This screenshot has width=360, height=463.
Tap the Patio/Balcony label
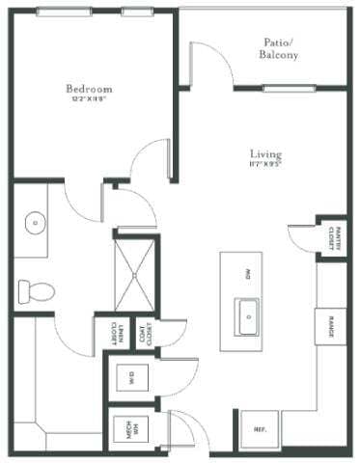click(278, 48)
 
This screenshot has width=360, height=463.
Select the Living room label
click(264, 153)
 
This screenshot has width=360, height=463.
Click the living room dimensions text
click(264, 165)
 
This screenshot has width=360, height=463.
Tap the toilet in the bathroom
click(35, 288)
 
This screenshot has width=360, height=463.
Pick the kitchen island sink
click(248, 313)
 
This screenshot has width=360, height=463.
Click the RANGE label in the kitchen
click(331, 326)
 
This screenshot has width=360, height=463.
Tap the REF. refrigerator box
click(260, 429)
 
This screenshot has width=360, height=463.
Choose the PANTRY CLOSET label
click(331, 236)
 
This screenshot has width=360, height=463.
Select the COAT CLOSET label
click(146, 335)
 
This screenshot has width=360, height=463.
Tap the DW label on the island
click(248, 273)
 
